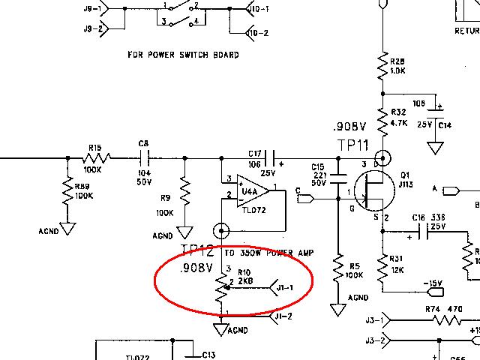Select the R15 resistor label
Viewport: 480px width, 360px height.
coord(94,148)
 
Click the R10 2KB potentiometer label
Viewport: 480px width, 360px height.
coord(245,277)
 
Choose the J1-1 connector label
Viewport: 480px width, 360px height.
coord(285,287)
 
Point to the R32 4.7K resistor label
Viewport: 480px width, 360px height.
coord(399,116)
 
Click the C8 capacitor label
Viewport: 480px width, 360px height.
coord(144,142)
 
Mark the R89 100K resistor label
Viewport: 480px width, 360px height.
coord(84,191)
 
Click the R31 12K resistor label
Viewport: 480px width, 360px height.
coord(398,264)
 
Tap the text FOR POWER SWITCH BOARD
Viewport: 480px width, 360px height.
coord(183,55)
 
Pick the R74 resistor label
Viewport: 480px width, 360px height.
coord(433,308)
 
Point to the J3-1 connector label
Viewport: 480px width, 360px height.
coord(371,322)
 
